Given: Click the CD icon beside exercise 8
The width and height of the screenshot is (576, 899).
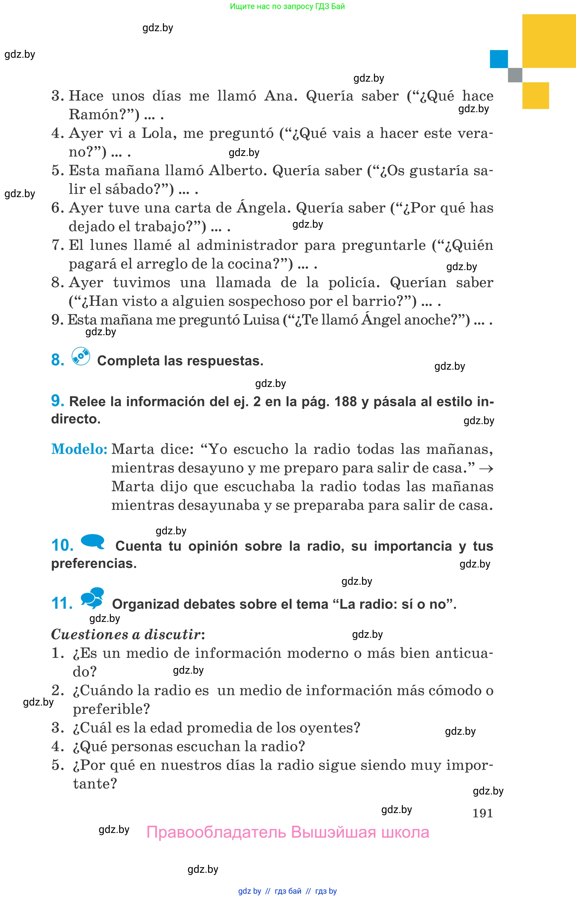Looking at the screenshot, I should (81, 356).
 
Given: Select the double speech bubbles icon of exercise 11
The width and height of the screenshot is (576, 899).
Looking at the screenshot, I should (92, 597).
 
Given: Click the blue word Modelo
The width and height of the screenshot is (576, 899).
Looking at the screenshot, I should (79, 449).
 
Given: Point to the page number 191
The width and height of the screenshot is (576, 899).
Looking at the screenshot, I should (482, 813).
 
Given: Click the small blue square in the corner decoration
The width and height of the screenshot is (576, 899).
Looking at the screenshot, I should (499, 59).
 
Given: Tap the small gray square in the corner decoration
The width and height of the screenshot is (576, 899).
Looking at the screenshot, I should (515, 75).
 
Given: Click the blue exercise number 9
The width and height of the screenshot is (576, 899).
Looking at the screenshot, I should (58, 400).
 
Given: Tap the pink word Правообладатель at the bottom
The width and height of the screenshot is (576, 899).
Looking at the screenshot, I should (216, 832).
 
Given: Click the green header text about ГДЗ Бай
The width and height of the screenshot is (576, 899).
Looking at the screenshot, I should (287, 6).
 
